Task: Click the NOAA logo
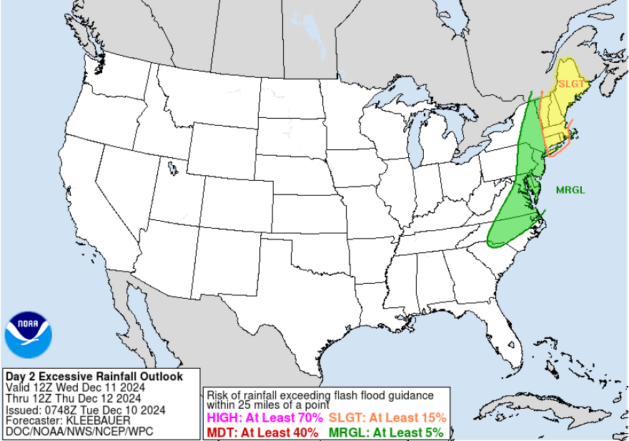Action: tap(29, 335)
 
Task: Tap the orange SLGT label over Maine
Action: tap(571, 84)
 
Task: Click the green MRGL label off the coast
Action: tap(570, 190)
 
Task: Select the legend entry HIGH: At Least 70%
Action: tap(264, 418)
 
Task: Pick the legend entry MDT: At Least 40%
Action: tap(263, 432)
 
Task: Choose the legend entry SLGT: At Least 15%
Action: tap(387, 418)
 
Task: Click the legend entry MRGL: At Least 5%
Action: tap(386, 432)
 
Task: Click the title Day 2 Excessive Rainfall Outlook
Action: tap(94, 377)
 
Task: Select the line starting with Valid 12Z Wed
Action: tap(76, 387)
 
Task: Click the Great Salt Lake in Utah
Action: tap(172, 169)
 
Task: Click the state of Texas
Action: tap(300, 307)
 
